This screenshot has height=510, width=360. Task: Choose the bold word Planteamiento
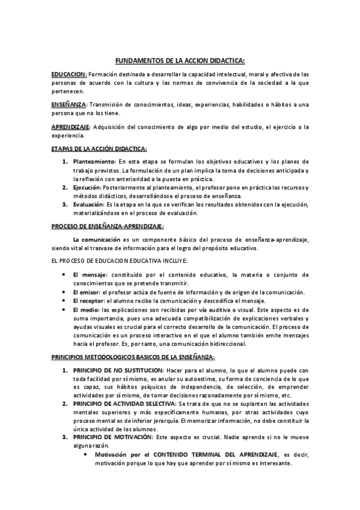tap(94, 162)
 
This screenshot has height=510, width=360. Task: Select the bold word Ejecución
tap(86, 188)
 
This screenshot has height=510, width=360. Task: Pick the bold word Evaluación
tap(88, 205)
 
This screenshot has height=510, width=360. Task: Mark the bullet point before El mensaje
tap(64, 275)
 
